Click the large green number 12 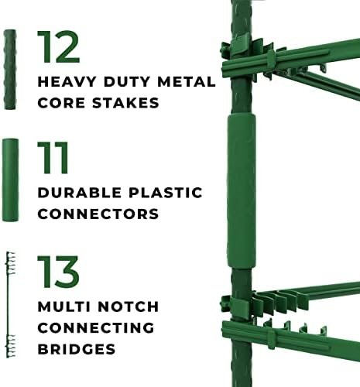pyautogui.click(x=58, y=46)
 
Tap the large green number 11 pyautogui.click(x=53, y=158)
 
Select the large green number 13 pyautogui.click(x=58, y=272)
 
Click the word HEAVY pyautogui.click(x=67, y=82)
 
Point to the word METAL pyautogui.click(x=187, y=82)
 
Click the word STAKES pyautogui.click(x=125, y=103)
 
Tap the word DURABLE pyautogui.click(x=80, y=193)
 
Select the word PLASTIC pyautogui.click(x=166, y=193)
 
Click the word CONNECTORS pyautogui.click(x=98, y=214)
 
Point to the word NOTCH pyautogui.click(x=129, y=307)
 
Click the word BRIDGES pyautogui.click(x=77, y=349)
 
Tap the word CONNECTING pyautogui.click(x=96, y=328)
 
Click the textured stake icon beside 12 pyautogui.click(x=10, y=70)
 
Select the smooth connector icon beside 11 pyautogui.click(x=10, y=180)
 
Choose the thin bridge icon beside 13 pyautogui.click(x=9, y=305)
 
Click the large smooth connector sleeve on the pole pyautogui.click(x=242, y=191)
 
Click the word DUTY pyautogui.click(x=127, y=82)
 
